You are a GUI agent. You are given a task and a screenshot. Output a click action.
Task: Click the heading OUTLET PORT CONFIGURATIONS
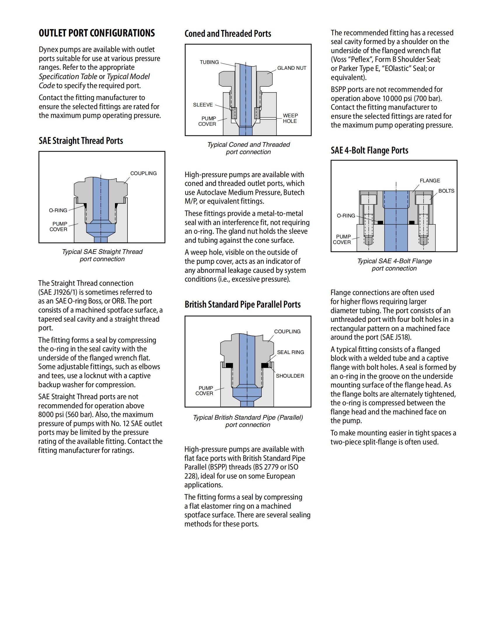[x=97, y=33]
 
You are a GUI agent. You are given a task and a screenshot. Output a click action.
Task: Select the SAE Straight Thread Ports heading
[x=81, y=141]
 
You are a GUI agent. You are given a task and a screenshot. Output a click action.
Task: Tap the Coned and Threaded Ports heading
[x=228, y=34]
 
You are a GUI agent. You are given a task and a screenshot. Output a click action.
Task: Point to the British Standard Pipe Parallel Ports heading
[x=242, y=305]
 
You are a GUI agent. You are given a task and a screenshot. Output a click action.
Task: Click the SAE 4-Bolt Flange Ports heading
[x=369, y=151]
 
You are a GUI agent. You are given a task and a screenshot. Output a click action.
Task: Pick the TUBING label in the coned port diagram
[x=209, y=62]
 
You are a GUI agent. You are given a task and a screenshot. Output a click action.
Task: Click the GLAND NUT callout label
[x=291, y=68]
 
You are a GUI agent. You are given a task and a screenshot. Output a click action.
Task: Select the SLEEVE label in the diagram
[x=203, y=105]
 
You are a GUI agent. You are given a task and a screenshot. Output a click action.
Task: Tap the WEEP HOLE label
[x=290, y=118]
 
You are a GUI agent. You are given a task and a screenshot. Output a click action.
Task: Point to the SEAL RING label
[x=290, y=352]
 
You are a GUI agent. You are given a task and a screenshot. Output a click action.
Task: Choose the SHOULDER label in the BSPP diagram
[x=290, y=376]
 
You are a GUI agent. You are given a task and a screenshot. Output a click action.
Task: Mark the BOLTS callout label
[x=446, y=191]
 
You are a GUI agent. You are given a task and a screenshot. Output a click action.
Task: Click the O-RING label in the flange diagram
[x=346, y=216]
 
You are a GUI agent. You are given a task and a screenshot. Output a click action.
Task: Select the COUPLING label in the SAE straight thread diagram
[x=143, y=173]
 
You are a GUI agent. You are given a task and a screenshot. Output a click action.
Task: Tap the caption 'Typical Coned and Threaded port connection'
[x=248, y=148]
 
